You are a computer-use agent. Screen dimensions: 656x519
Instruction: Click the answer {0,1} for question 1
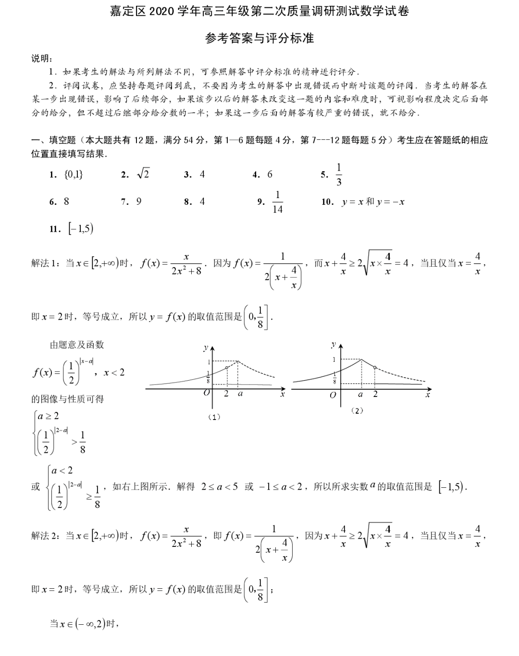pos(73,174)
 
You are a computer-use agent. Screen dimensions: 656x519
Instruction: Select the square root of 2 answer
pos(143,174)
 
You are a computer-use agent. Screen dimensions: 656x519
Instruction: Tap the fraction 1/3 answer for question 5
pos(339,174)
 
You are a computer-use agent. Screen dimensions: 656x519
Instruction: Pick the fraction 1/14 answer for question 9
pos(277,202)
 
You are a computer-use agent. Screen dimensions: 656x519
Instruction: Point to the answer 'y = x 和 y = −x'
pos(373,202)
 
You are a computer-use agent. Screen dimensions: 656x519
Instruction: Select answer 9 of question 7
pos(139,202)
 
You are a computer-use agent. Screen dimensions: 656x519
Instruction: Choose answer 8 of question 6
pos(66,202)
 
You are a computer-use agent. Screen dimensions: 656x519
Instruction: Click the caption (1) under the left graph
pos(214,417)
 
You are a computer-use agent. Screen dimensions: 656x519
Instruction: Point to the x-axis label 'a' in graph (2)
pos(360,395)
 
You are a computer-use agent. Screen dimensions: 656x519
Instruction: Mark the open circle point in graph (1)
pos(227,368)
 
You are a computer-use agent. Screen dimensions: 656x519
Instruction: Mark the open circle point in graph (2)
pos(375,368)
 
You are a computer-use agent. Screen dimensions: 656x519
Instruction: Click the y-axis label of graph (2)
pos(334,345)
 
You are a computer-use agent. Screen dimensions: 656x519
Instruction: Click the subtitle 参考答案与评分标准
pos(259,38)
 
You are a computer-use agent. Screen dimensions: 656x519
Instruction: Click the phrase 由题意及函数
pos(77,345)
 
